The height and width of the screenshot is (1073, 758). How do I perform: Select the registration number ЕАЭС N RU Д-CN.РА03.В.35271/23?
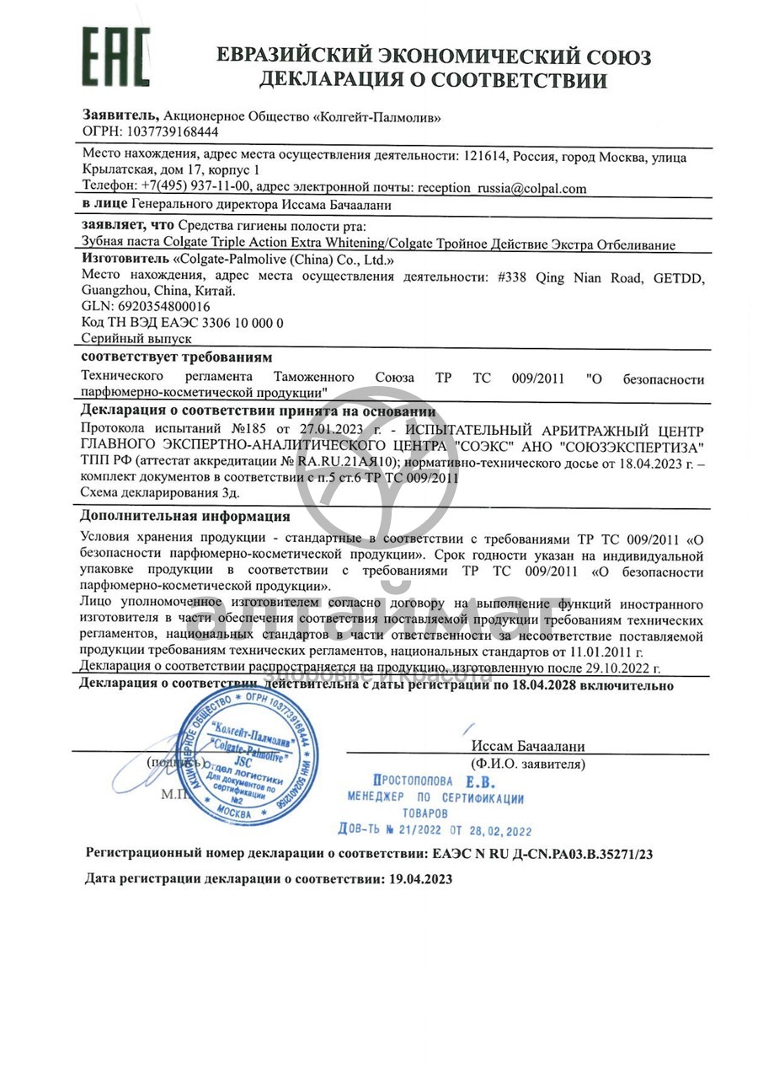coord(542,853)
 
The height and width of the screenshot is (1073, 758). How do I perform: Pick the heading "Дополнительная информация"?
coord(185,516)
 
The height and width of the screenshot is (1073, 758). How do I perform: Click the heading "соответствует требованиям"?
coord(177,357)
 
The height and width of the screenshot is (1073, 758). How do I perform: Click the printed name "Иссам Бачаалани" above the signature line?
coord(528,746)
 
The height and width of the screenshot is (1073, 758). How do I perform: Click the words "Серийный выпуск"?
coord(136,338)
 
